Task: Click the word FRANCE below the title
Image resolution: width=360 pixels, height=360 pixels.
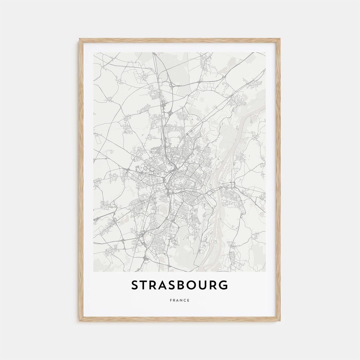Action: (x=180, y=300)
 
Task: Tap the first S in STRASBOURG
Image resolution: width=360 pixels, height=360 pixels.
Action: (x=135, y=285)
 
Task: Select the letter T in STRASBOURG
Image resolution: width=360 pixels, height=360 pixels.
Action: (x=145, y=285)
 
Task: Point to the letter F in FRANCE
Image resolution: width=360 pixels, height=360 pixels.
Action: (x=171, y=300)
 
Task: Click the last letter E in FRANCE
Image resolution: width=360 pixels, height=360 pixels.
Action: (x=188, y=300)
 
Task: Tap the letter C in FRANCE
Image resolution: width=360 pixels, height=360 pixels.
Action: (x=185, y=300)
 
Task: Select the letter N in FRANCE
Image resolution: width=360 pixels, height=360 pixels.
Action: (x=181, y=300)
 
